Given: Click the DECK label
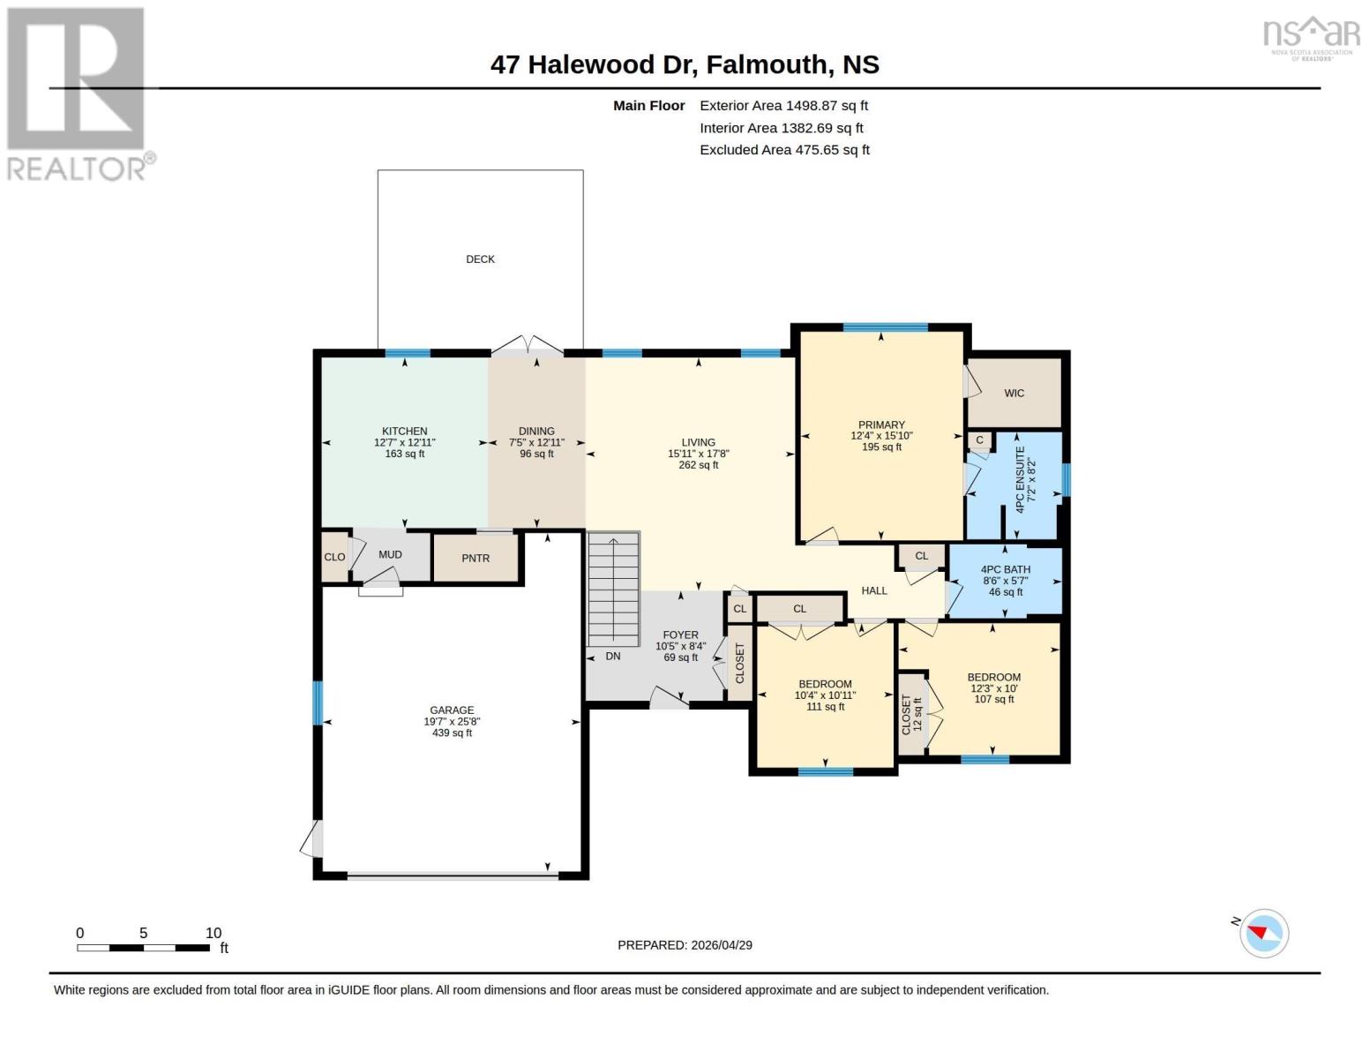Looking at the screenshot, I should [x=480, y=259].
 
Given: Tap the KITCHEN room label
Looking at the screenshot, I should [x=404, y=432].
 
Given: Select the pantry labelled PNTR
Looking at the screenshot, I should [x=475, y=559].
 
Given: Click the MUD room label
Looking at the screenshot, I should [x=390, y=555].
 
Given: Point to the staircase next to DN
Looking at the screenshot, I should [x=613, y=590].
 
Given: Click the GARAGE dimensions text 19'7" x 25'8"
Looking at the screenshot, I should [x=452, y=722].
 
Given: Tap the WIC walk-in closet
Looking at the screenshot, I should [x=1014, y=394].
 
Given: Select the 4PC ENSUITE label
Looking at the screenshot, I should [x=1021, y=480].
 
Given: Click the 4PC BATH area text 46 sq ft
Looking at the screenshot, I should [x=1005, y=592].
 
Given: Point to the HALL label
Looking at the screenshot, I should [x=874, y=590].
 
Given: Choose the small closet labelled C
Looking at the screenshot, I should [x=979, y=440].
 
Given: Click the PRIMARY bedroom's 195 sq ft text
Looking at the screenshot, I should [x=881, y=447].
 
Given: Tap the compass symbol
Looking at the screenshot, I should [x=1263, y=933].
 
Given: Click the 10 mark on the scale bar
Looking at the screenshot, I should [x=213, y=934].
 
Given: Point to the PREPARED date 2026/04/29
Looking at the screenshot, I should [x=719, y=945].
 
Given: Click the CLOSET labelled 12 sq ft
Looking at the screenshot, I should [x=911, y=714].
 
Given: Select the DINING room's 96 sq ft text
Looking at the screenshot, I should [x=536, y=454].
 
